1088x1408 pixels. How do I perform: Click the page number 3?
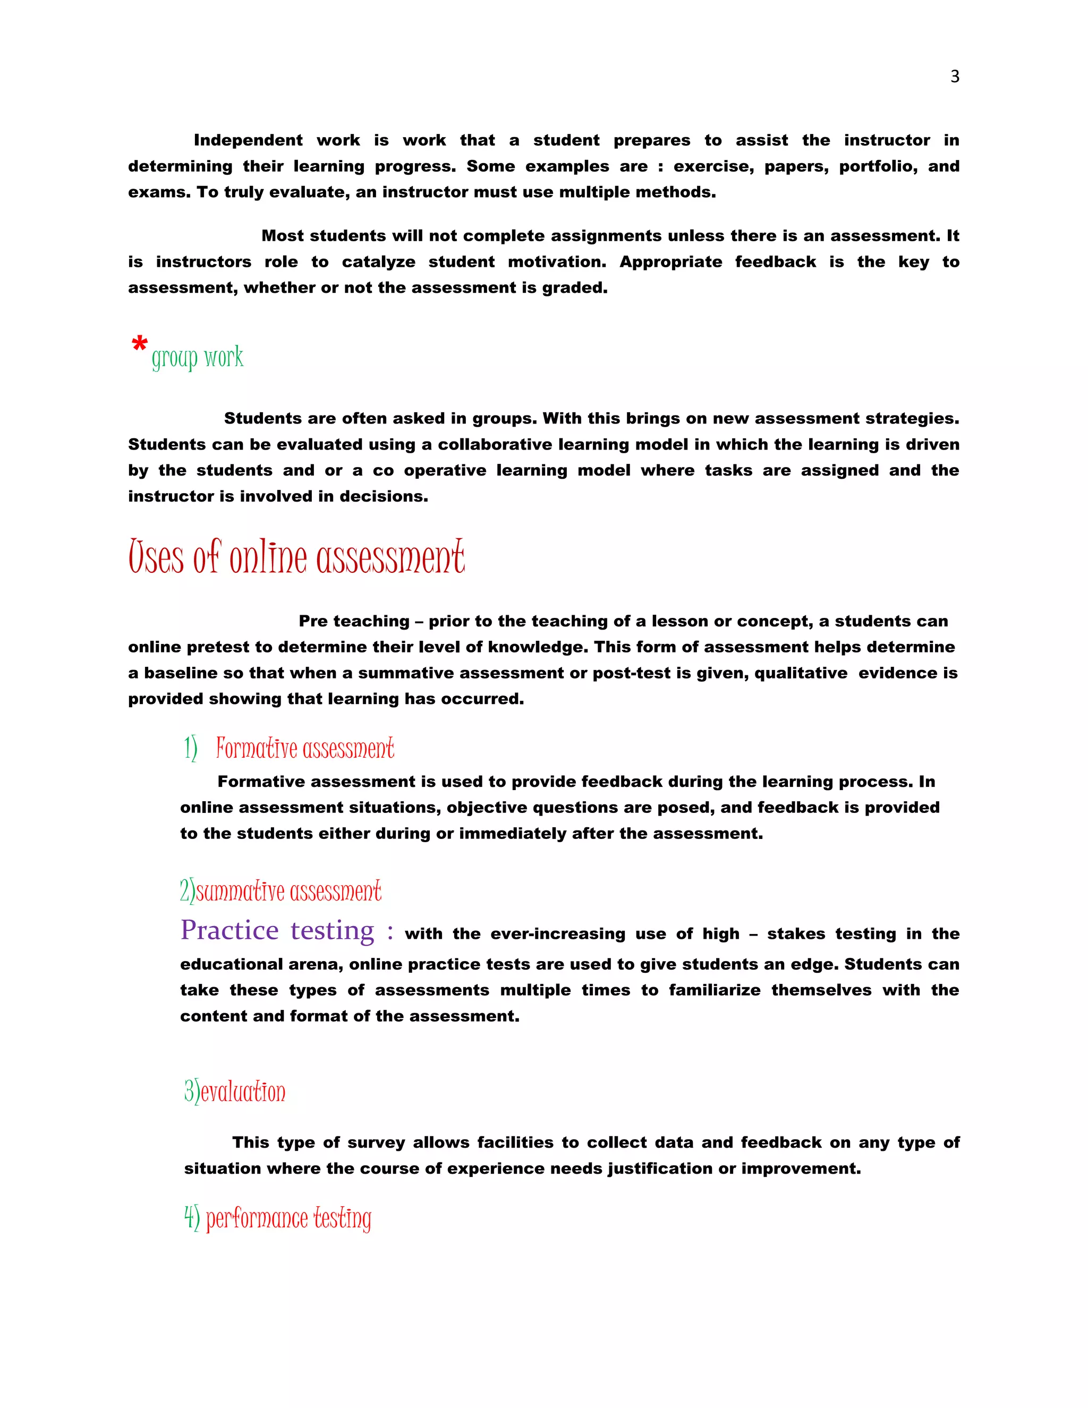955,77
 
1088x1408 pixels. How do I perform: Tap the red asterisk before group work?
139,345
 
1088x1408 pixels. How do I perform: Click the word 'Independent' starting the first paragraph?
248,141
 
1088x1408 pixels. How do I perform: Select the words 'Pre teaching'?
354,622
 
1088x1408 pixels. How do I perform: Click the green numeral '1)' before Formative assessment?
190,749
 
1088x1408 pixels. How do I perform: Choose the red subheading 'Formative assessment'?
305,749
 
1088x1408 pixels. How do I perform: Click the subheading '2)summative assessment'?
280,892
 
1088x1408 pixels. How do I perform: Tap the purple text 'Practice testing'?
277,931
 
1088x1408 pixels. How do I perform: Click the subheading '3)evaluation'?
235,1092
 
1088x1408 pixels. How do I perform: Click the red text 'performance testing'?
289,1218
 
